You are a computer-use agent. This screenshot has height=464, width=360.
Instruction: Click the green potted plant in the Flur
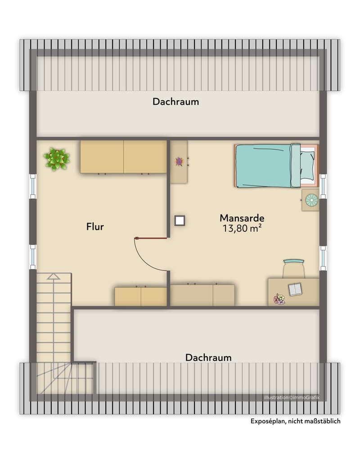click(57, 159)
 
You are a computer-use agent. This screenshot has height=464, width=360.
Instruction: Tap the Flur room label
click(95, 227)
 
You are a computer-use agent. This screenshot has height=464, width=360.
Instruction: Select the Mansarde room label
click(242, 218)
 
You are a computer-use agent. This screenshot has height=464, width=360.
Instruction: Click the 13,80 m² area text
click(242, 228)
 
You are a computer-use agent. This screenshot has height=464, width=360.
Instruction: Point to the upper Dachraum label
click(175, 102)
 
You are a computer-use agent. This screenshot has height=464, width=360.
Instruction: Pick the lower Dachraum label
click(208, 357)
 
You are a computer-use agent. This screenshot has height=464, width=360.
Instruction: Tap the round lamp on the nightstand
click(312, 201)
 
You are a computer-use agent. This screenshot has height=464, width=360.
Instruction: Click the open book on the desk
click(295, 289)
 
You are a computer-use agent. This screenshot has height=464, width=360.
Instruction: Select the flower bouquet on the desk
click(279, 299)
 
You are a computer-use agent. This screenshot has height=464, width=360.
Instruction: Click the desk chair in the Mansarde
click(293, 268)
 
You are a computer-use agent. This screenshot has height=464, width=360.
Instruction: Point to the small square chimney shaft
click(180, 220)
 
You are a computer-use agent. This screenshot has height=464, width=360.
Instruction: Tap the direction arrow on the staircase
click(53, 277)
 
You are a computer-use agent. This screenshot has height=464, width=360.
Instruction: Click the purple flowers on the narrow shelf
click(179, 161)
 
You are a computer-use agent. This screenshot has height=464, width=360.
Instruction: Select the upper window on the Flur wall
click(32, 187)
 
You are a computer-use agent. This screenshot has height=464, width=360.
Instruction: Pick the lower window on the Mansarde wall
click(323, 258)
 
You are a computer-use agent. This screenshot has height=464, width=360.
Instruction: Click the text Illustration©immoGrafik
click(292, 397)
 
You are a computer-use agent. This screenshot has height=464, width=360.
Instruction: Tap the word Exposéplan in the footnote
click(268, 421)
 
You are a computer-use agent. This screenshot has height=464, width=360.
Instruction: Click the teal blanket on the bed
click(264, 166)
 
